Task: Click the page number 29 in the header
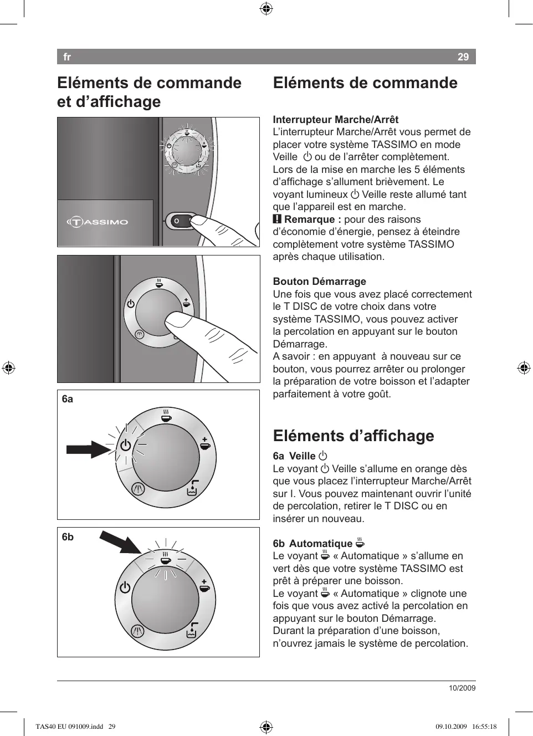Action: pyautogui.click(x=463, y=57)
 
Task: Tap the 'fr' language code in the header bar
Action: pyautogui.click(x=67, y=57)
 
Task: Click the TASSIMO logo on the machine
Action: pyautogui.click(x=98, y=222)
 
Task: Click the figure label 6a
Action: pyautogui.click(x=68, y=399)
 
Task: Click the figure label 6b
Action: pyautogui.click(x=68, y=537)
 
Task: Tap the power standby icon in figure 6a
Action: pyautogui.click(x=126, y=445)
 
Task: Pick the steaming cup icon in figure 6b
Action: pyautogui.click(x=165, y=558)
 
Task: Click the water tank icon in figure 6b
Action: pyautogui.click(x=192, y=631)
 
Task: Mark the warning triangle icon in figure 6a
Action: pyautogui.click(x=138, y=489)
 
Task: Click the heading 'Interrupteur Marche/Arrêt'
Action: pyautogui.click(x=335, y=120)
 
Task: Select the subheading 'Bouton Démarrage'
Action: pyautogui.click(x=319, y=282)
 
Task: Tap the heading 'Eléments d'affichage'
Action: pyautogui.click(x=353, y=436)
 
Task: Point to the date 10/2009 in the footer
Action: pyautogui.click(x=462, y=688)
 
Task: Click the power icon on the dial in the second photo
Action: pyautogui.click(x=131, y=304)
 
